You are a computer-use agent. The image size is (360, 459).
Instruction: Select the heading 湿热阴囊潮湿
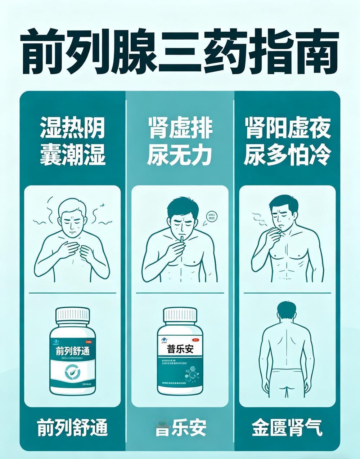(72, 141)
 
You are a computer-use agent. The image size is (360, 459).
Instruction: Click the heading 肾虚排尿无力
(180, 141)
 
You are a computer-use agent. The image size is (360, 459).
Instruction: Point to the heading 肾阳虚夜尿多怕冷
(287, 141)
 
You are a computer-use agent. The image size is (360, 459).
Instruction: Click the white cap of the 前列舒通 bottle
(72, 315)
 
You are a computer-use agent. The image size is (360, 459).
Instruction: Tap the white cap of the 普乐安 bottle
(180, 315)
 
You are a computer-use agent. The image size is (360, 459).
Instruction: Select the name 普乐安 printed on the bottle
(180, 349)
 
